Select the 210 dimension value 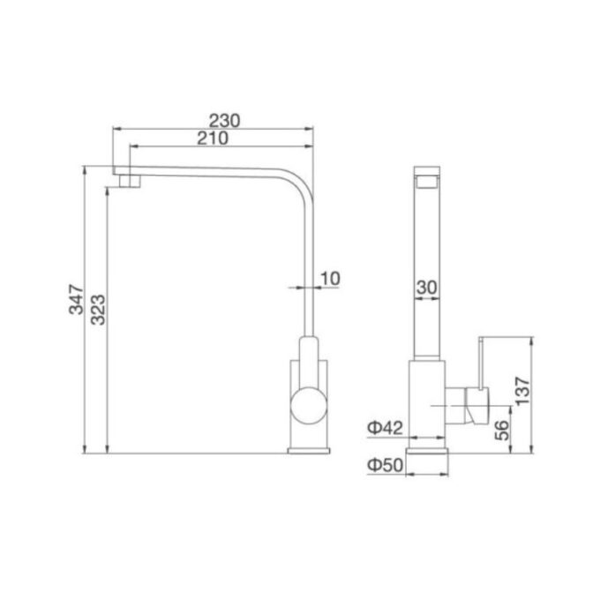click(x=213, y=138)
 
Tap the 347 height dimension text click(x=78, y=300)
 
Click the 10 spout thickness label click(x=328, y=279)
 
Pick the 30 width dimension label click(x=428, y=287)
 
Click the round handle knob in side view click(x=311, y=408)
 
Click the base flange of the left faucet click(x=311, y=449)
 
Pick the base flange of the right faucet click(x=428, y=449)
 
